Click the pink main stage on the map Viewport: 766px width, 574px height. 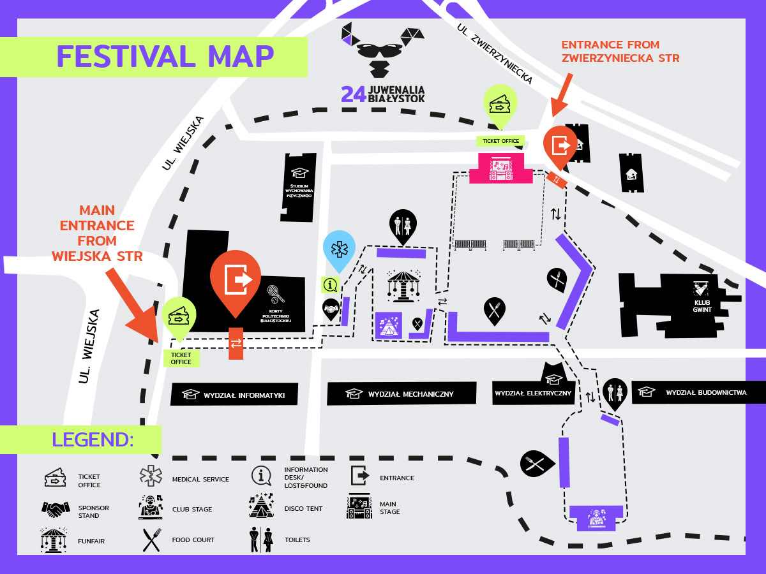tap(501, 168)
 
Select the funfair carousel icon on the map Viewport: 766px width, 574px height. tap(403, 285)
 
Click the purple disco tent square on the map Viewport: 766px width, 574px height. tap(388, 325)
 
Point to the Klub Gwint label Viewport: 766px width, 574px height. tap(702, 306)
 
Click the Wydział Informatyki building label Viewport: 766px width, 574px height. tap(244, 395)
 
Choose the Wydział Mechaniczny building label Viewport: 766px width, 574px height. tap(410, 394)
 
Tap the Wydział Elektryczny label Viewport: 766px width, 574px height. tap(533, 394)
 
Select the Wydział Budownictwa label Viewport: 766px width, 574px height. tap(706, 393)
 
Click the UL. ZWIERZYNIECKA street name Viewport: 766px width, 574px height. tap(495, 54)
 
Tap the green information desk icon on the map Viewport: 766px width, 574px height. tap(330, 284)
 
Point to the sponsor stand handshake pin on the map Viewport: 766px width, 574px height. tap(331, 309)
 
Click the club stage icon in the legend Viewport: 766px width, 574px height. tap(151, 507)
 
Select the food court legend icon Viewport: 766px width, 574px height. tap(152, 540)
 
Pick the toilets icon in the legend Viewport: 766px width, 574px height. tap(261, 540)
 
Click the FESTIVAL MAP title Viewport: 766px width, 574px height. tap(165, 57)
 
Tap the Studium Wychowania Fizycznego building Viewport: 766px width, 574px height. tap(298, 188)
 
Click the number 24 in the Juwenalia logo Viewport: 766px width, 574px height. tap(354, 94)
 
